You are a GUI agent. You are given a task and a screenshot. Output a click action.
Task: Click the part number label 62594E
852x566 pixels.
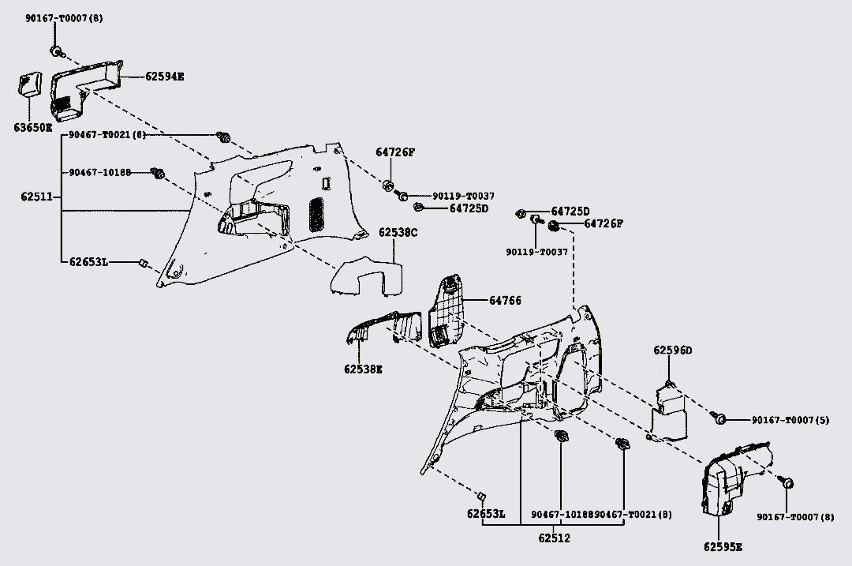click(164, 77)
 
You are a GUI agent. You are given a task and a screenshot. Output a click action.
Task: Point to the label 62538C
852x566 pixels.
click(398, 233)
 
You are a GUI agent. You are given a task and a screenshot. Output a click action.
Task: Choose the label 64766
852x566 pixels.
click(505, 301)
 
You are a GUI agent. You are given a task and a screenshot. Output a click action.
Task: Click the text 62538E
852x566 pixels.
click(363, 369)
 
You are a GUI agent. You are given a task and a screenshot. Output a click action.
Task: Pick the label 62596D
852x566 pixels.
click(672, 350)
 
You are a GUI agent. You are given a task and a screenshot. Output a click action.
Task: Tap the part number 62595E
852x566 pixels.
click(723, 546)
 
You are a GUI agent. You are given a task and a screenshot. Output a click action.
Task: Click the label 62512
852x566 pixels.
click(554, 538)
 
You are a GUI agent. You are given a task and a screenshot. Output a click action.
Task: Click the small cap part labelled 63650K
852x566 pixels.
click(30, 84)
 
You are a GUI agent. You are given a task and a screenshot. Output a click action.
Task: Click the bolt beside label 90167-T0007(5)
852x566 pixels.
click(720, 418)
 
